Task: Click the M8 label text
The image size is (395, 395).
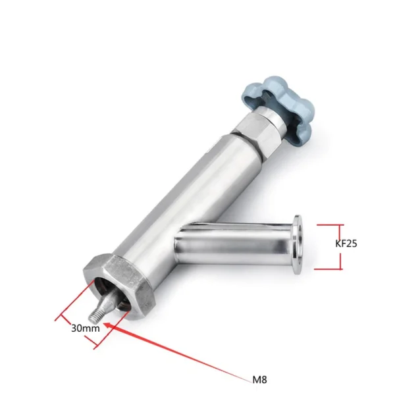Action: pos(260,379)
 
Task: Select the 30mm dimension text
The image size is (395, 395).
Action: pos(86,327)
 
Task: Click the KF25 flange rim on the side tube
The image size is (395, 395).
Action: pos(298,243)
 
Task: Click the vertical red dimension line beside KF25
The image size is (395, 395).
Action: pos(341,246)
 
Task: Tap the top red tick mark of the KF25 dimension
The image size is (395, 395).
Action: pos(329,224)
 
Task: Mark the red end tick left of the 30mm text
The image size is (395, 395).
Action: pos(57,320)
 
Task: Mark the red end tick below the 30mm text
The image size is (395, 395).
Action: pos(98,346)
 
